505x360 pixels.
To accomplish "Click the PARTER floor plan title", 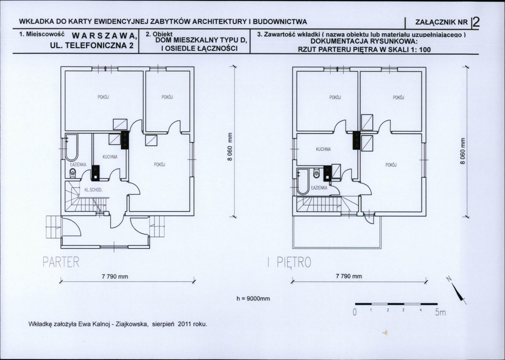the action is pyautogui.click(x=61, y=262).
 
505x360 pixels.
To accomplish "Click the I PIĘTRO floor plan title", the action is pyautogui.click(x=289, y=262).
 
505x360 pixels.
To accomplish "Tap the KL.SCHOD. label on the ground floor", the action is pyautogui.click(x=94, y=190).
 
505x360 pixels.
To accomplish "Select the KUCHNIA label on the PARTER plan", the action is pyautogui.click(x=110, y=157).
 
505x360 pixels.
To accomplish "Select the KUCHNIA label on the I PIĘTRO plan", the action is pyautogui.click(x=323, y=149).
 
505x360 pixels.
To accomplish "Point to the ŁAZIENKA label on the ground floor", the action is pyautogui.click(x=78, y=164).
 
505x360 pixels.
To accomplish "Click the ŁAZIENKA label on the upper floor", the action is pyautogui.click(x=319, y=187).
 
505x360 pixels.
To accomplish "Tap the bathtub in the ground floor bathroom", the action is pyautogui.click(x=71, y=147).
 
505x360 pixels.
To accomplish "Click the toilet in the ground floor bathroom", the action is pyautogui.click(x=73, y=173).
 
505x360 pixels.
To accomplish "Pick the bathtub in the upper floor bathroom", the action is pyautogui.click(x=303, y=181).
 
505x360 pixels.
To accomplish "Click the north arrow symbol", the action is pyautogui.click(x=459, y=291).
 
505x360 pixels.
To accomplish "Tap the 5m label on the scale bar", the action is pyautogui.click(x=440, y=312).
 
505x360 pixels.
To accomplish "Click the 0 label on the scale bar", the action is pyautogui.click(x=355, y=312).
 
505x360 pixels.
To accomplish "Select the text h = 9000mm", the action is pyautogui.click(x=253, y=299).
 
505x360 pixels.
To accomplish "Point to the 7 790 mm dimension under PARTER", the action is pyautogui.click(x=115, y=276).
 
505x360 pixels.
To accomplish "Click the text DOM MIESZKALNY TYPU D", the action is pyautogui.click(x=201, y=40).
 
